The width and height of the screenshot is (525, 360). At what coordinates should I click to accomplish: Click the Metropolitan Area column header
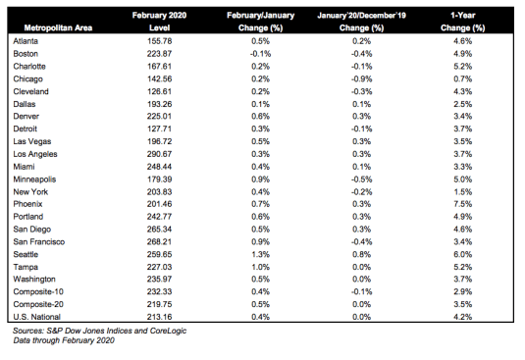tap(58, 27)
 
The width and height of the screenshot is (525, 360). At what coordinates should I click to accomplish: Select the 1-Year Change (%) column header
tap(463, 22)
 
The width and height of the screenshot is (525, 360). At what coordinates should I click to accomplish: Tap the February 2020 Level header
tap(159, 22)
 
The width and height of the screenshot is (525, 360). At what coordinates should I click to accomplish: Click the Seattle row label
tap(26, 255)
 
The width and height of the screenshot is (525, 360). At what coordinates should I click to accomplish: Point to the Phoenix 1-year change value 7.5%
tap(463, 204)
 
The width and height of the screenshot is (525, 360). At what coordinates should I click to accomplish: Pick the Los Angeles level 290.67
tap(159, 154)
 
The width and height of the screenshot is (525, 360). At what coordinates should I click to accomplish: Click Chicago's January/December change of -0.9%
tap(361, 78)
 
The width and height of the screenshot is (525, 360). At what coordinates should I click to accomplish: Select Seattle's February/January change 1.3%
tap(260, 255)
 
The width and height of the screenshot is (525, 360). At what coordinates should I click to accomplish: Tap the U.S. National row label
tap(37, 317)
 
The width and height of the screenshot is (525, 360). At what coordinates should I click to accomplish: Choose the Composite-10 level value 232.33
tap(159, 291)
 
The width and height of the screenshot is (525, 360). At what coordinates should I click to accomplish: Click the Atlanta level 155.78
tap(159, 41)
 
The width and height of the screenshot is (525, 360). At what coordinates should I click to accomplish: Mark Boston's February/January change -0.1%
tap(260, 54)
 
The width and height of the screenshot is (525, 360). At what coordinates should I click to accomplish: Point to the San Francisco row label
tap(39, 242)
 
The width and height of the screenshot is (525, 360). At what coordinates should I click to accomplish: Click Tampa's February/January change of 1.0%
tap(260, 267)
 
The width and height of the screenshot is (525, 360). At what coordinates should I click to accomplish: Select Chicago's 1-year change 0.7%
tap(463, 78)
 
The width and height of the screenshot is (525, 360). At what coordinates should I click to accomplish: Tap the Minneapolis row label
tap(34, 180)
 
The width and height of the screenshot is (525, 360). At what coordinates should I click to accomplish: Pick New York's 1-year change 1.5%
tap(463, 192)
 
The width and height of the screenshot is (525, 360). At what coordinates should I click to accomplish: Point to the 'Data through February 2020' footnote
tap(64, 340)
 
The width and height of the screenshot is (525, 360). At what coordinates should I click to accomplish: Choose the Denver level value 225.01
tap(159, 117)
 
